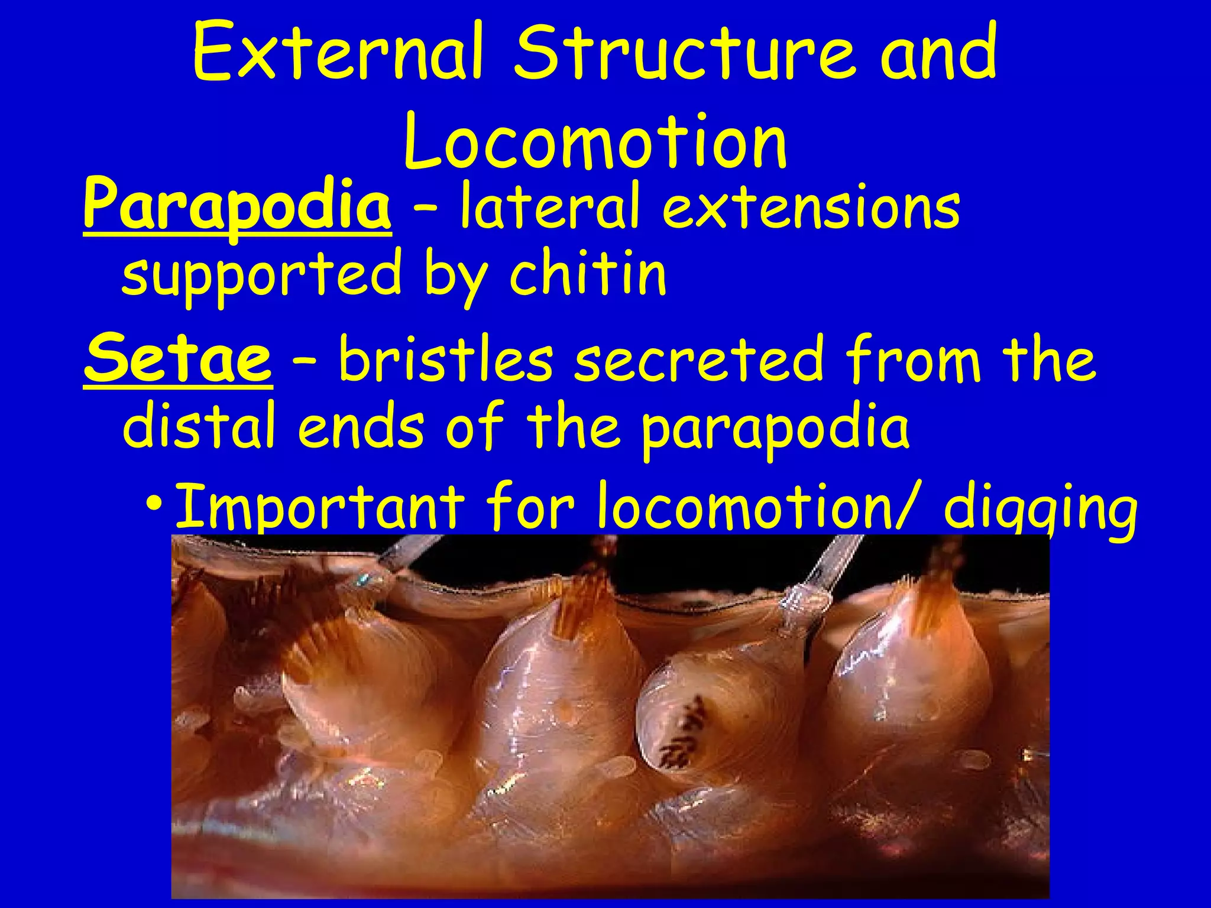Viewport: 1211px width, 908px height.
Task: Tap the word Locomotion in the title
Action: coord(595,142)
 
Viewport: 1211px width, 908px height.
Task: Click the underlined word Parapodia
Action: coord(237,205)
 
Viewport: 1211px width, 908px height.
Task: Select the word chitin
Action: coord(588,273)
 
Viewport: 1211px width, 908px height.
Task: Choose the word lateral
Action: coord(551,205)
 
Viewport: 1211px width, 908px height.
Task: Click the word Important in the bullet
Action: coord(320,505)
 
